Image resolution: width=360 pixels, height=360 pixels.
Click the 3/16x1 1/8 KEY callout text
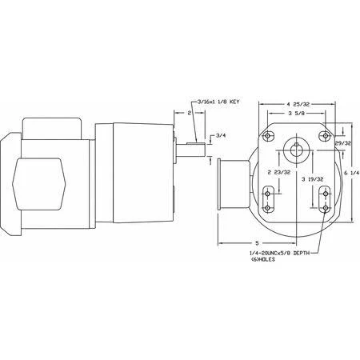point(218,102)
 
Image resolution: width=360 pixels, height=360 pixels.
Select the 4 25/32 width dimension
point(298,104)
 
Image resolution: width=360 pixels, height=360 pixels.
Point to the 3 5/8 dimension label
point(296,113)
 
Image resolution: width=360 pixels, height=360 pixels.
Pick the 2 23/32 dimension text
point(279,172)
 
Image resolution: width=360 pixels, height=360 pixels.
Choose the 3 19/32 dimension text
point(313,179)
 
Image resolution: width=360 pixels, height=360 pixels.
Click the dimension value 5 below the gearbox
point(257,243)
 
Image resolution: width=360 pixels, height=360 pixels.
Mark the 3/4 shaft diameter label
point(221,135)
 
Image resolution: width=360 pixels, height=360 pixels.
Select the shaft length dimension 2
point(190,113)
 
